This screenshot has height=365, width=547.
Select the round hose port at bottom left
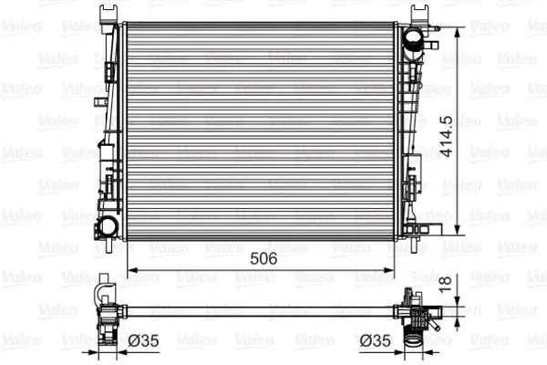click(108, 225)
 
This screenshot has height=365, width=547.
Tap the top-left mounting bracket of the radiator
click(109, 15)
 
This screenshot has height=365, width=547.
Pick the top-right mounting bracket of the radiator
click(420, 14)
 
